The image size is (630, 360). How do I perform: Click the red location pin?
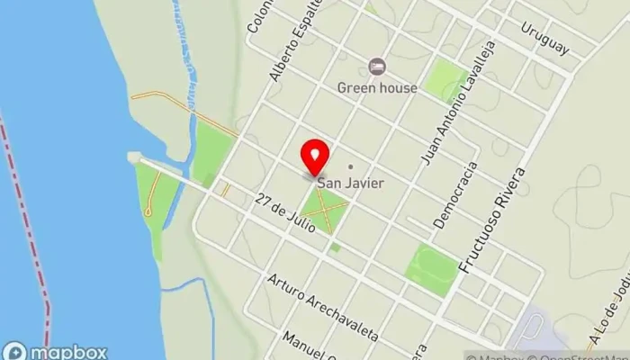[x=315, y=157]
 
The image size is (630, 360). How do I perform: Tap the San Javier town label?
[x=350, y=183]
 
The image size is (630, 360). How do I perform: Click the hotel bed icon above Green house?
[x=377, y=67]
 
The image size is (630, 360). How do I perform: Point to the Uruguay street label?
[x=544, y=38]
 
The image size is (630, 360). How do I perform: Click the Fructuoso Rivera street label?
[x=483, y=217]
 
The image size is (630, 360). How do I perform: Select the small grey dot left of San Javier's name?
[x=350, y=166]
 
